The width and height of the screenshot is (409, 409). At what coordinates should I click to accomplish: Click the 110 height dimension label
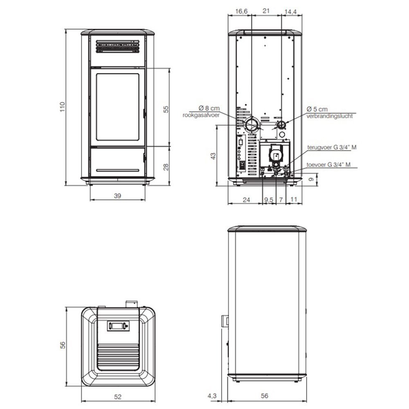[62, 107]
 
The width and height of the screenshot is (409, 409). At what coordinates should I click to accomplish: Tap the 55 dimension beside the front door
[166, 109]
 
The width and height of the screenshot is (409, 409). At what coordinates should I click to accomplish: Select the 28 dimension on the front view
[166, 167]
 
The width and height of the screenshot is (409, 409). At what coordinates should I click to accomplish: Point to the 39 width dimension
[117, 196]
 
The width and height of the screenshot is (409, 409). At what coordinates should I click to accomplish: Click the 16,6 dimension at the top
[241, 11]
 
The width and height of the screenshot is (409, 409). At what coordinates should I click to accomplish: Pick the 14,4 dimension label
[290, 12]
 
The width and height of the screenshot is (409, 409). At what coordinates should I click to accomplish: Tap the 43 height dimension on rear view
[213, 156]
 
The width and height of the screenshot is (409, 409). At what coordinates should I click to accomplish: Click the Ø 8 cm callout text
[209, 108]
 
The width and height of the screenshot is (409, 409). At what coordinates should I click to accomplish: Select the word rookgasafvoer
[201, 115]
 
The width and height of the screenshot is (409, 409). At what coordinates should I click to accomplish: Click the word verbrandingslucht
[329, 116]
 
